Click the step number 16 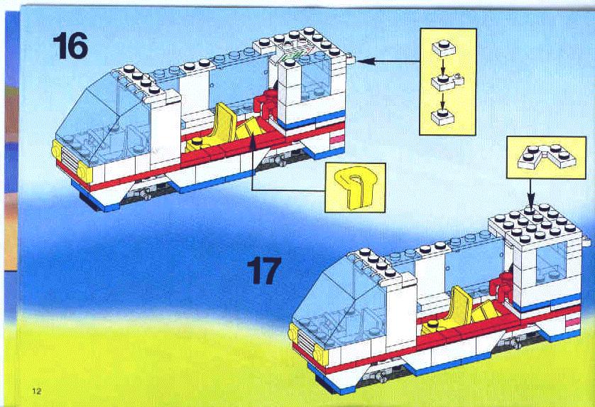[x=70, y=45]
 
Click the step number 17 [x=264, y=271]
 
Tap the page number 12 [x=37, y=391]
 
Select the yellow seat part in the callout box [x=355, y=188]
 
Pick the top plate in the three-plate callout [x=443, y=48]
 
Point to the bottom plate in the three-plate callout [x=443, y=116]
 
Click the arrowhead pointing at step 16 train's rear [x=366, y=60]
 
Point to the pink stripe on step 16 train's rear [x=337, y=141]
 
